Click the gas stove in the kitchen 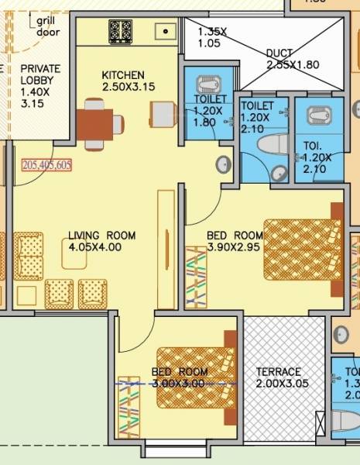click(x=120, y=32)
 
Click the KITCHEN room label click(x=123, y=74)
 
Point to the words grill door click(x=48, y=26)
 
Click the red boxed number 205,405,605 click(x=47, y=164)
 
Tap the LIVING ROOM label click(x=101, y=236)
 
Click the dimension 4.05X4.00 click(x=94, y=248)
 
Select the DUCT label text click(x=279, y=53)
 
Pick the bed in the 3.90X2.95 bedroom click(x=302, y=250)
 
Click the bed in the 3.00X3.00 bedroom click(x=196, y=378)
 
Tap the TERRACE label click(x=279, y=372)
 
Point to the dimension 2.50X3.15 click(x=129, y=87)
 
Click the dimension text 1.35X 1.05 click(x=212, y=38)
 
